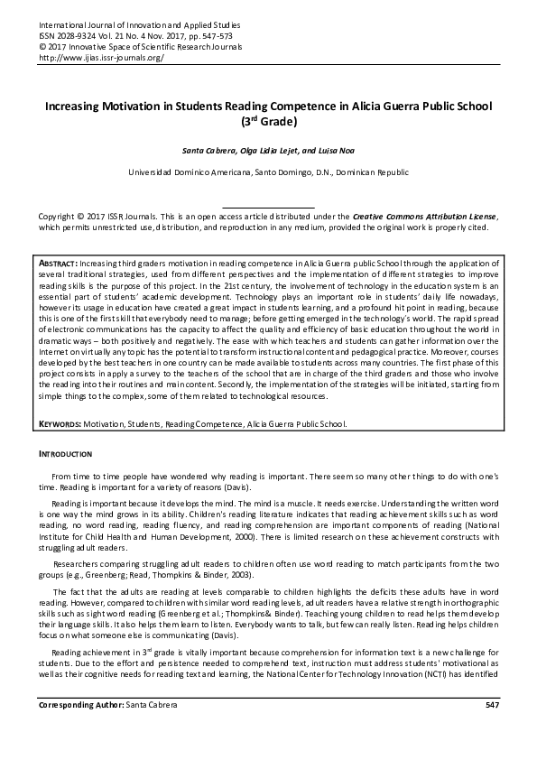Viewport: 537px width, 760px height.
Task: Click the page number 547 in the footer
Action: coord(491,728)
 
